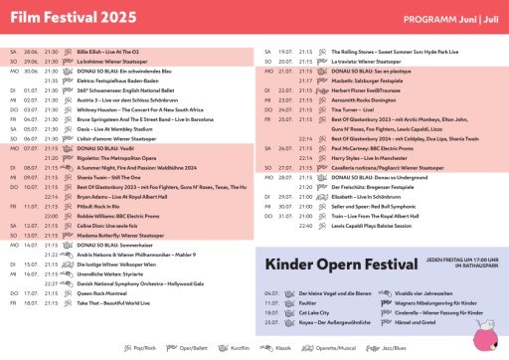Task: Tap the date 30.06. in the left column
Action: pos(31,71)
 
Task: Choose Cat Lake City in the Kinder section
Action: pos(307,312)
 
